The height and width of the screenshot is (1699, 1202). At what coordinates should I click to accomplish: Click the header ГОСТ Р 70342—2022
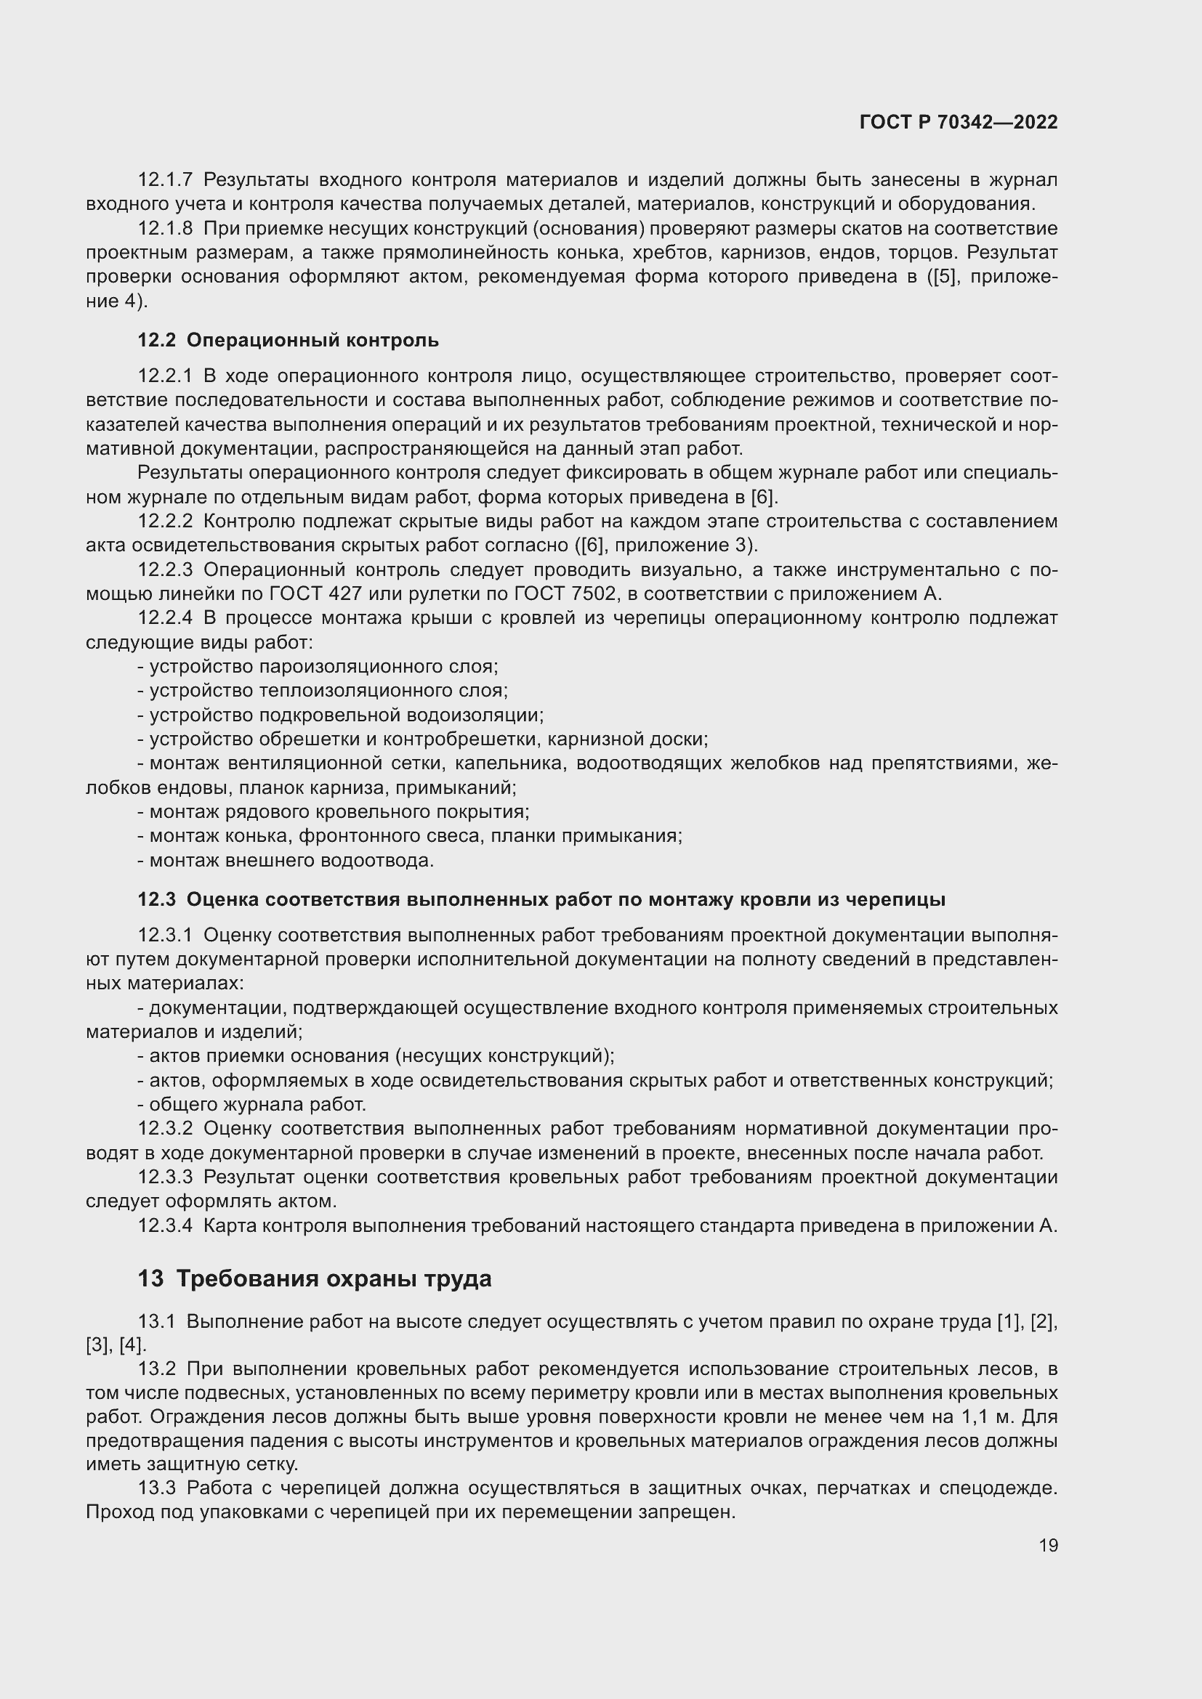coord(958,123)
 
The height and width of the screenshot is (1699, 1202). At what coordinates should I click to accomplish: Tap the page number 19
coord(1047,1545)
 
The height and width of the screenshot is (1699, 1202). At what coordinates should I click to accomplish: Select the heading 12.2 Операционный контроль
coord(288,341)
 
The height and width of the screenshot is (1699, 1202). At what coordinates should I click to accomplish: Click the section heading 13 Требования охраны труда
coord(315,1278)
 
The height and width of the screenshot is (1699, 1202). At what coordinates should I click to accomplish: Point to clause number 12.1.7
coord(164,180)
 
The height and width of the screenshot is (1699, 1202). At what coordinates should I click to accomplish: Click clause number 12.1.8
coord(164,229)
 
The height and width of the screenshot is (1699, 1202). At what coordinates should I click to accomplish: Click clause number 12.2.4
coord(164,618)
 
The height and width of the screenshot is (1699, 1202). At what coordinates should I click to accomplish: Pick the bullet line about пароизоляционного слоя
coord(318,667)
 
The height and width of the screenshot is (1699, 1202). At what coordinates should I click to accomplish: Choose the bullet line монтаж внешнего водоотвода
coord(286,861)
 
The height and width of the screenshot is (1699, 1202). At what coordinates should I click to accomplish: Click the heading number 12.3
coord(156,900)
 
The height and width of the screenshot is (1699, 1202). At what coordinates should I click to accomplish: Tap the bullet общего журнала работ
coord(252,1105)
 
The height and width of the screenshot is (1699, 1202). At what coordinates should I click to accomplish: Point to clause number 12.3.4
coord(164,1226)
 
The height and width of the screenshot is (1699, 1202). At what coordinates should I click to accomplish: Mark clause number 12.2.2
coord(164,521)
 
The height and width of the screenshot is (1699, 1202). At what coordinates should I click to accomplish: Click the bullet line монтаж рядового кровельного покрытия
coord(334,812)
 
